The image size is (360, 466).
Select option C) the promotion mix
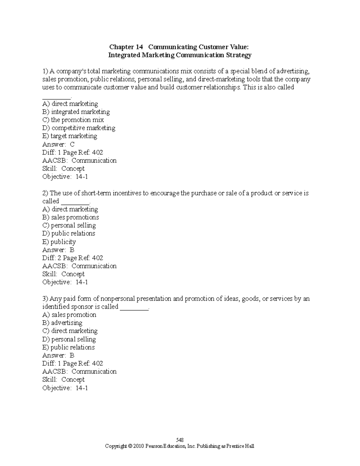73,120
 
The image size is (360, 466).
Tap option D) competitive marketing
79,128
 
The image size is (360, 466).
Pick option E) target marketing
70,136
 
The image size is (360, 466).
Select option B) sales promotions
70,217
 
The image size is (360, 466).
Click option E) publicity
59,242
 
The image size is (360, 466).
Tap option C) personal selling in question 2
69,225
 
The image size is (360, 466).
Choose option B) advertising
62,323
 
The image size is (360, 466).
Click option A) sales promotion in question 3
69,315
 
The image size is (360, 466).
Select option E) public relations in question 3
68,347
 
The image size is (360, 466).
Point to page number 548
180,440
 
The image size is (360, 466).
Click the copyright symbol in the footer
130,446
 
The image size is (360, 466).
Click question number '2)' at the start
45,193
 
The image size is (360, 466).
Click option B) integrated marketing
76,112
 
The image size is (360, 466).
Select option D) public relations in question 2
69,233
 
